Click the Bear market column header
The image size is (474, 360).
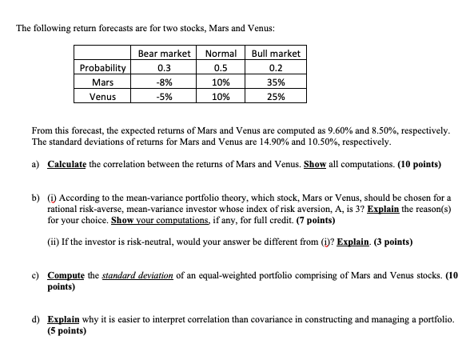[x=164, y=53]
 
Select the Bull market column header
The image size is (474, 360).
[x=276, y=53]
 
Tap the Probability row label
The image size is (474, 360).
[x=102, y=67]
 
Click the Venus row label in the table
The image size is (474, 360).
[x=102, y=96]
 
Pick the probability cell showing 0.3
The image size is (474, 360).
[x=164, y=67]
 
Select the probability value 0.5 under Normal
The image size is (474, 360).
[x=221, y=67]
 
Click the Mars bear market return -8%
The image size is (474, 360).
[x=164, y=82]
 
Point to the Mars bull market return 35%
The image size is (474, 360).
[x=276, y=82]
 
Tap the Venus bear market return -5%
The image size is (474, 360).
[x=164, y=96]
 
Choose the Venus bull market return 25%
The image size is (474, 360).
[x=276, y=96]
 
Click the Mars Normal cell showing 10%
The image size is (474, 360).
[x=221, y=82]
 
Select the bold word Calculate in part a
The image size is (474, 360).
[x=68, y=164]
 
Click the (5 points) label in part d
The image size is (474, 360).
[x=67, y=329]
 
